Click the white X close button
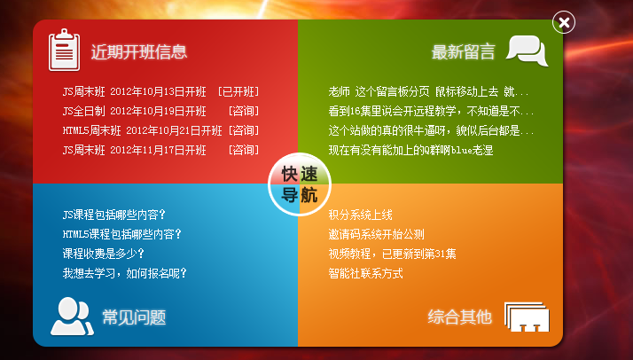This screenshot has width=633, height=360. tap(564, 22)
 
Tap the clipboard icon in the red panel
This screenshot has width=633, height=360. tap(64, 50)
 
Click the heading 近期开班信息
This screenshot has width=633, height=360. tap(139, 52)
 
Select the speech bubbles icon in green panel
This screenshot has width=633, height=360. tap(527, 51)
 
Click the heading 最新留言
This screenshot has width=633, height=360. tap(464, 52)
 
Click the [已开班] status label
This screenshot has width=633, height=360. tap(238, 91)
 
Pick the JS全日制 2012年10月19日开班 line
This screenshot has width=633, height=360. tap(135, 111)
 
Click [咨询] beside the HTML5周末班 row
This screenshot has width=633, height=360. tap(244, 130)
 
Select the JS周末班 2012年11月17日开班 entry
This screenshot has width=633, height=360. tap(135, 150)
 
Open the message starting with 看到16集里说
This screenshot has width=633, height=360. tap(431, 111)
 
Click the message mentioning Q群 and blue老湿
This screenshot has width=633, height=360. tap(411, 150)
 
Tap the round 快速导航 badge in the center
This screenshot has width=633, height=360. tap(300, 184)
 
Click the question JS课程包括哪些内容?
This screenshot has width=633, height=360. tap(113, 215)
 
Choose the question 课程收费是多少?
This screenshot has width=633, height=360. tap(104, 254)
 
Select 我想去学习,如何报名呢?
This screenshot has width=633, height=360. tap(124, 273)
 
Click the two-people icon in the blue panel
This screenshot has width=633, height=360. tap(72, 317)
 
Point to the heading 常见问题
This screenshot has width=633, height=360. tap(134, 317)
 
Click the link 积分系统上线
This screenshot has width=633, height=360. tap(360, 215)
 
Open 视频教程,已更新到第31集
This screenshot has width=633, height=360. tap(393, 254)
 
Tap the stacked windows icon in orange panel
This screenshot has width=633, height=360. tap(527, 317)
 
